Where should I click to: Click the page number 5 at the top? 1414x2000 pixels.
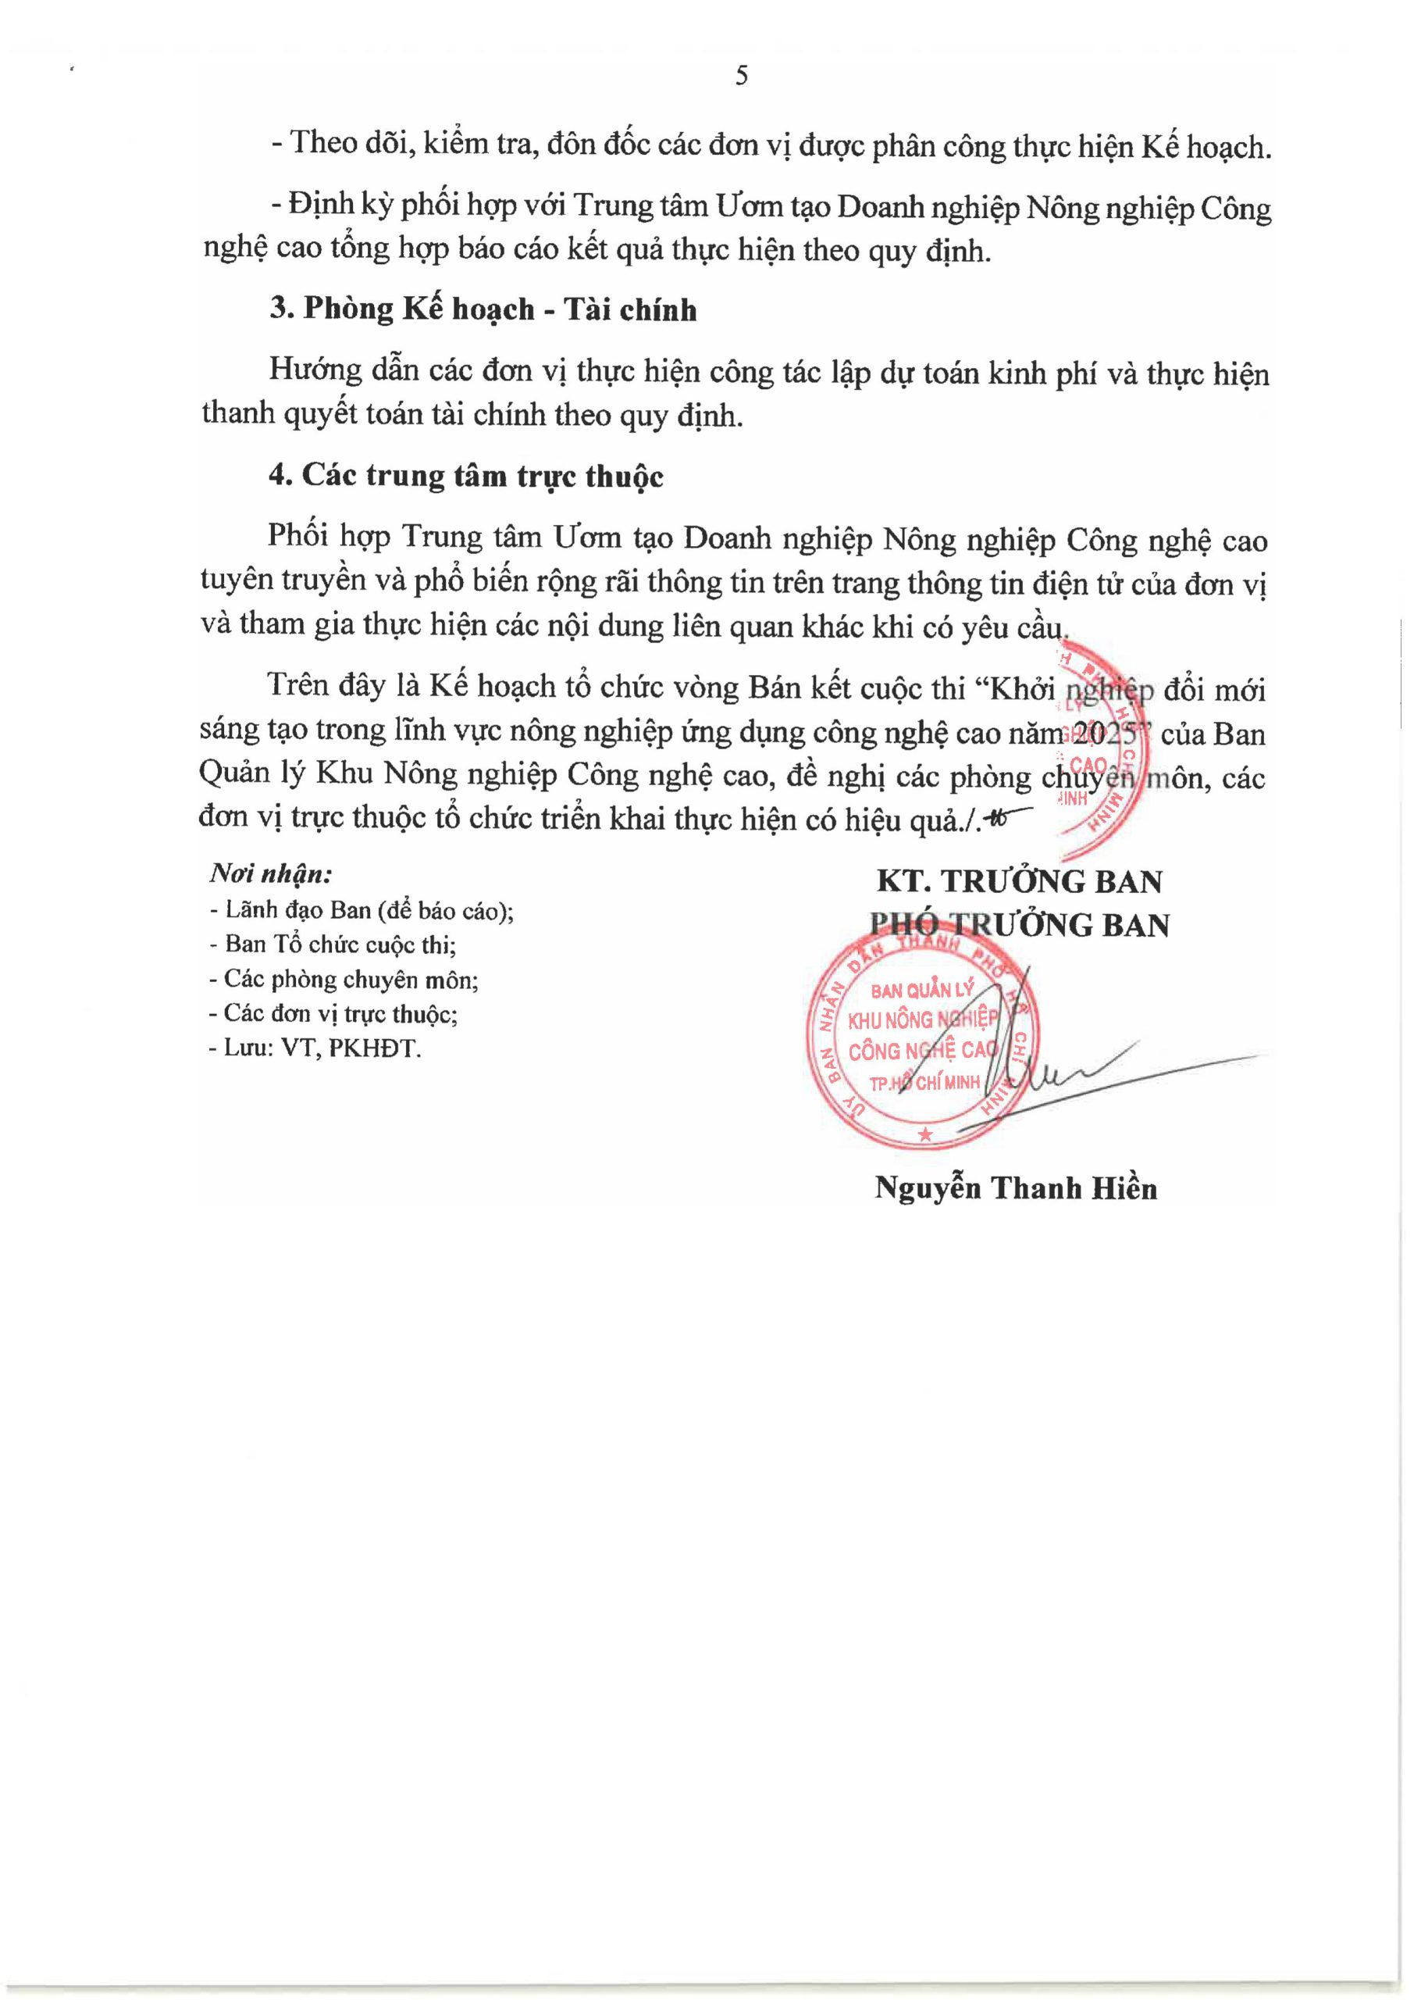[741, 77]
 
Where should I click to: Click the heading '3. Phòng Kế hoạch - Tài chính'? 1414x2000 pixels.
[483, 310]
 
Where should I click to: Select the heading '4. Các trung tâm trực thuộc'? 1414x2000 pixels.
[466, 476]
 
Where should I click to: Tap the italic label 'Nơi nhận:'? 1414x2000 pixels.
[271, 873]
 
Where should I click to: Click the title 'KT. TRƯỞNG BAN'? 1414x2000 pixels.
[1020, 881]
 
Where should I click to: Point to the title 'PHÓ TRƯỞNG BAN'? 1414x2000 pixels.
[1020, 925]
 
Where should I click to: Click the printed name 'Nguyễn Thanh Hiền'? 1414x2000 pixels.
[1016, 1188]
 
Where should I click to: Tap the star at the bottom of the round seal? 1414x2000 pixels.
[924, 1134]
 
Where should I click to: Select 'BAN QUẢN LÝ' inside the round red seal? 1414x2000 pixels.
[921, 991]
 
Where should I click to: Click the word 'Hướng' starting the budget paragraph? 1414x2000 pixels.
[304, 371]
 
